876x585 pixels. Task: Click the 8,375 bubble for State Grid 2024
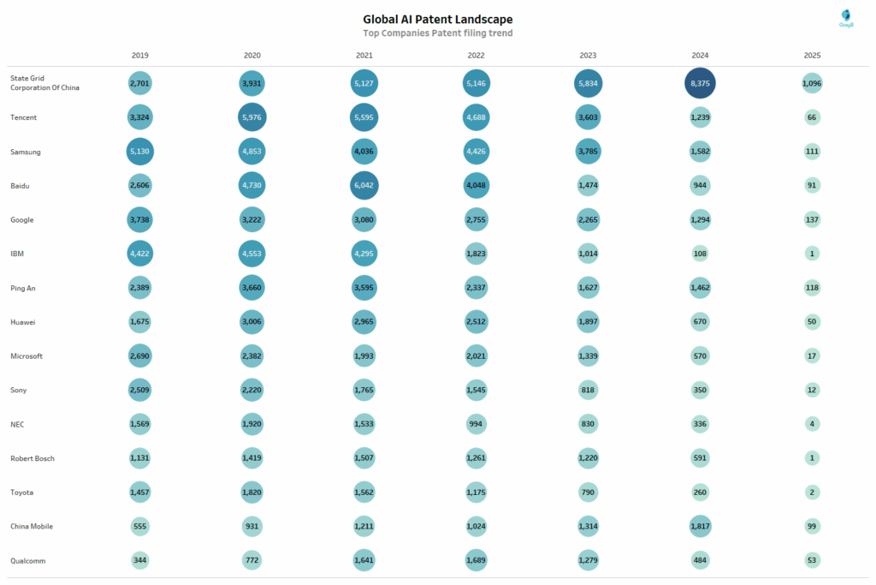pyautogui.click(x=700, y=83)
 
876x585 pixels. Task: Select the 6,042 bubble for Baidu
pyautogui.click(x=364, y=185)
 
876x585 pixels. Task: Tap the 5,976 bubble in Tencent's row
pyautogui.click(x=252, y=117)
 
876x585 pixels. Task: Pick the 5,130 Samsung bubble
pyautogui.click(x=140, y=152)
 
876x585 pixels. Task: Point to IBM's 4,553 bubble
pyautogui.click(x=252, y=254)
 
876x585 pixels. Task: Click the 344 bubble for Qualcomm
pyautogui.click(x=140, y=560)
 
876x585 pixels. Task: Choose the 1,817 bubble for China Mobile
pyautogui.click(x=700, y=526)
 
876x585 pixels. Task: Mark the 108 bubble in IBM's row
pyautogui.click(x=700, y=254)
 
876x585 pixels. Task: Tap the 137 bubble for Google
pyautogui.click(x=812, y=219)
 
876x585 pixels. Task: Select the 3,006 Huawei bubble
pyautogui.click(x=252, y=322)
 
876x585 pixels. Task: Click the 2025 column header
pyautogui.click(x=812, y=55)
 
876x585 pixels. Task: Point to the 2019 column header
pyautogui.click(x=140, y=55)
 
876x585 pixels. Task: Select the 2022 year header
pyautogui.click(x=476, y=55)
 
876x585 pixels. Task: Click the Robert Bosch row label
pyautogui.click(x=33, y=458)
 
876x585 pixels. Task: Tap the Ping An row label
pyautogui.click(x=22, y=288)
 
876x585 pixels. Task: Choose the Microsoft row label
pyautogui.click(x=27, y=355)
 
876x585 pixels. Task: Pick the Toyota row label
pyautogui.click(x=23, y=492)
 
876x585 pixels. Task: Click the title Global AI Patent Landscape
pyautogui.click(x=438, y=19)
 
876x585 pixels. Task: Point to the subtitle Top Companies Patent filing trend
pyautogui.click(x=438, y=33)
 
